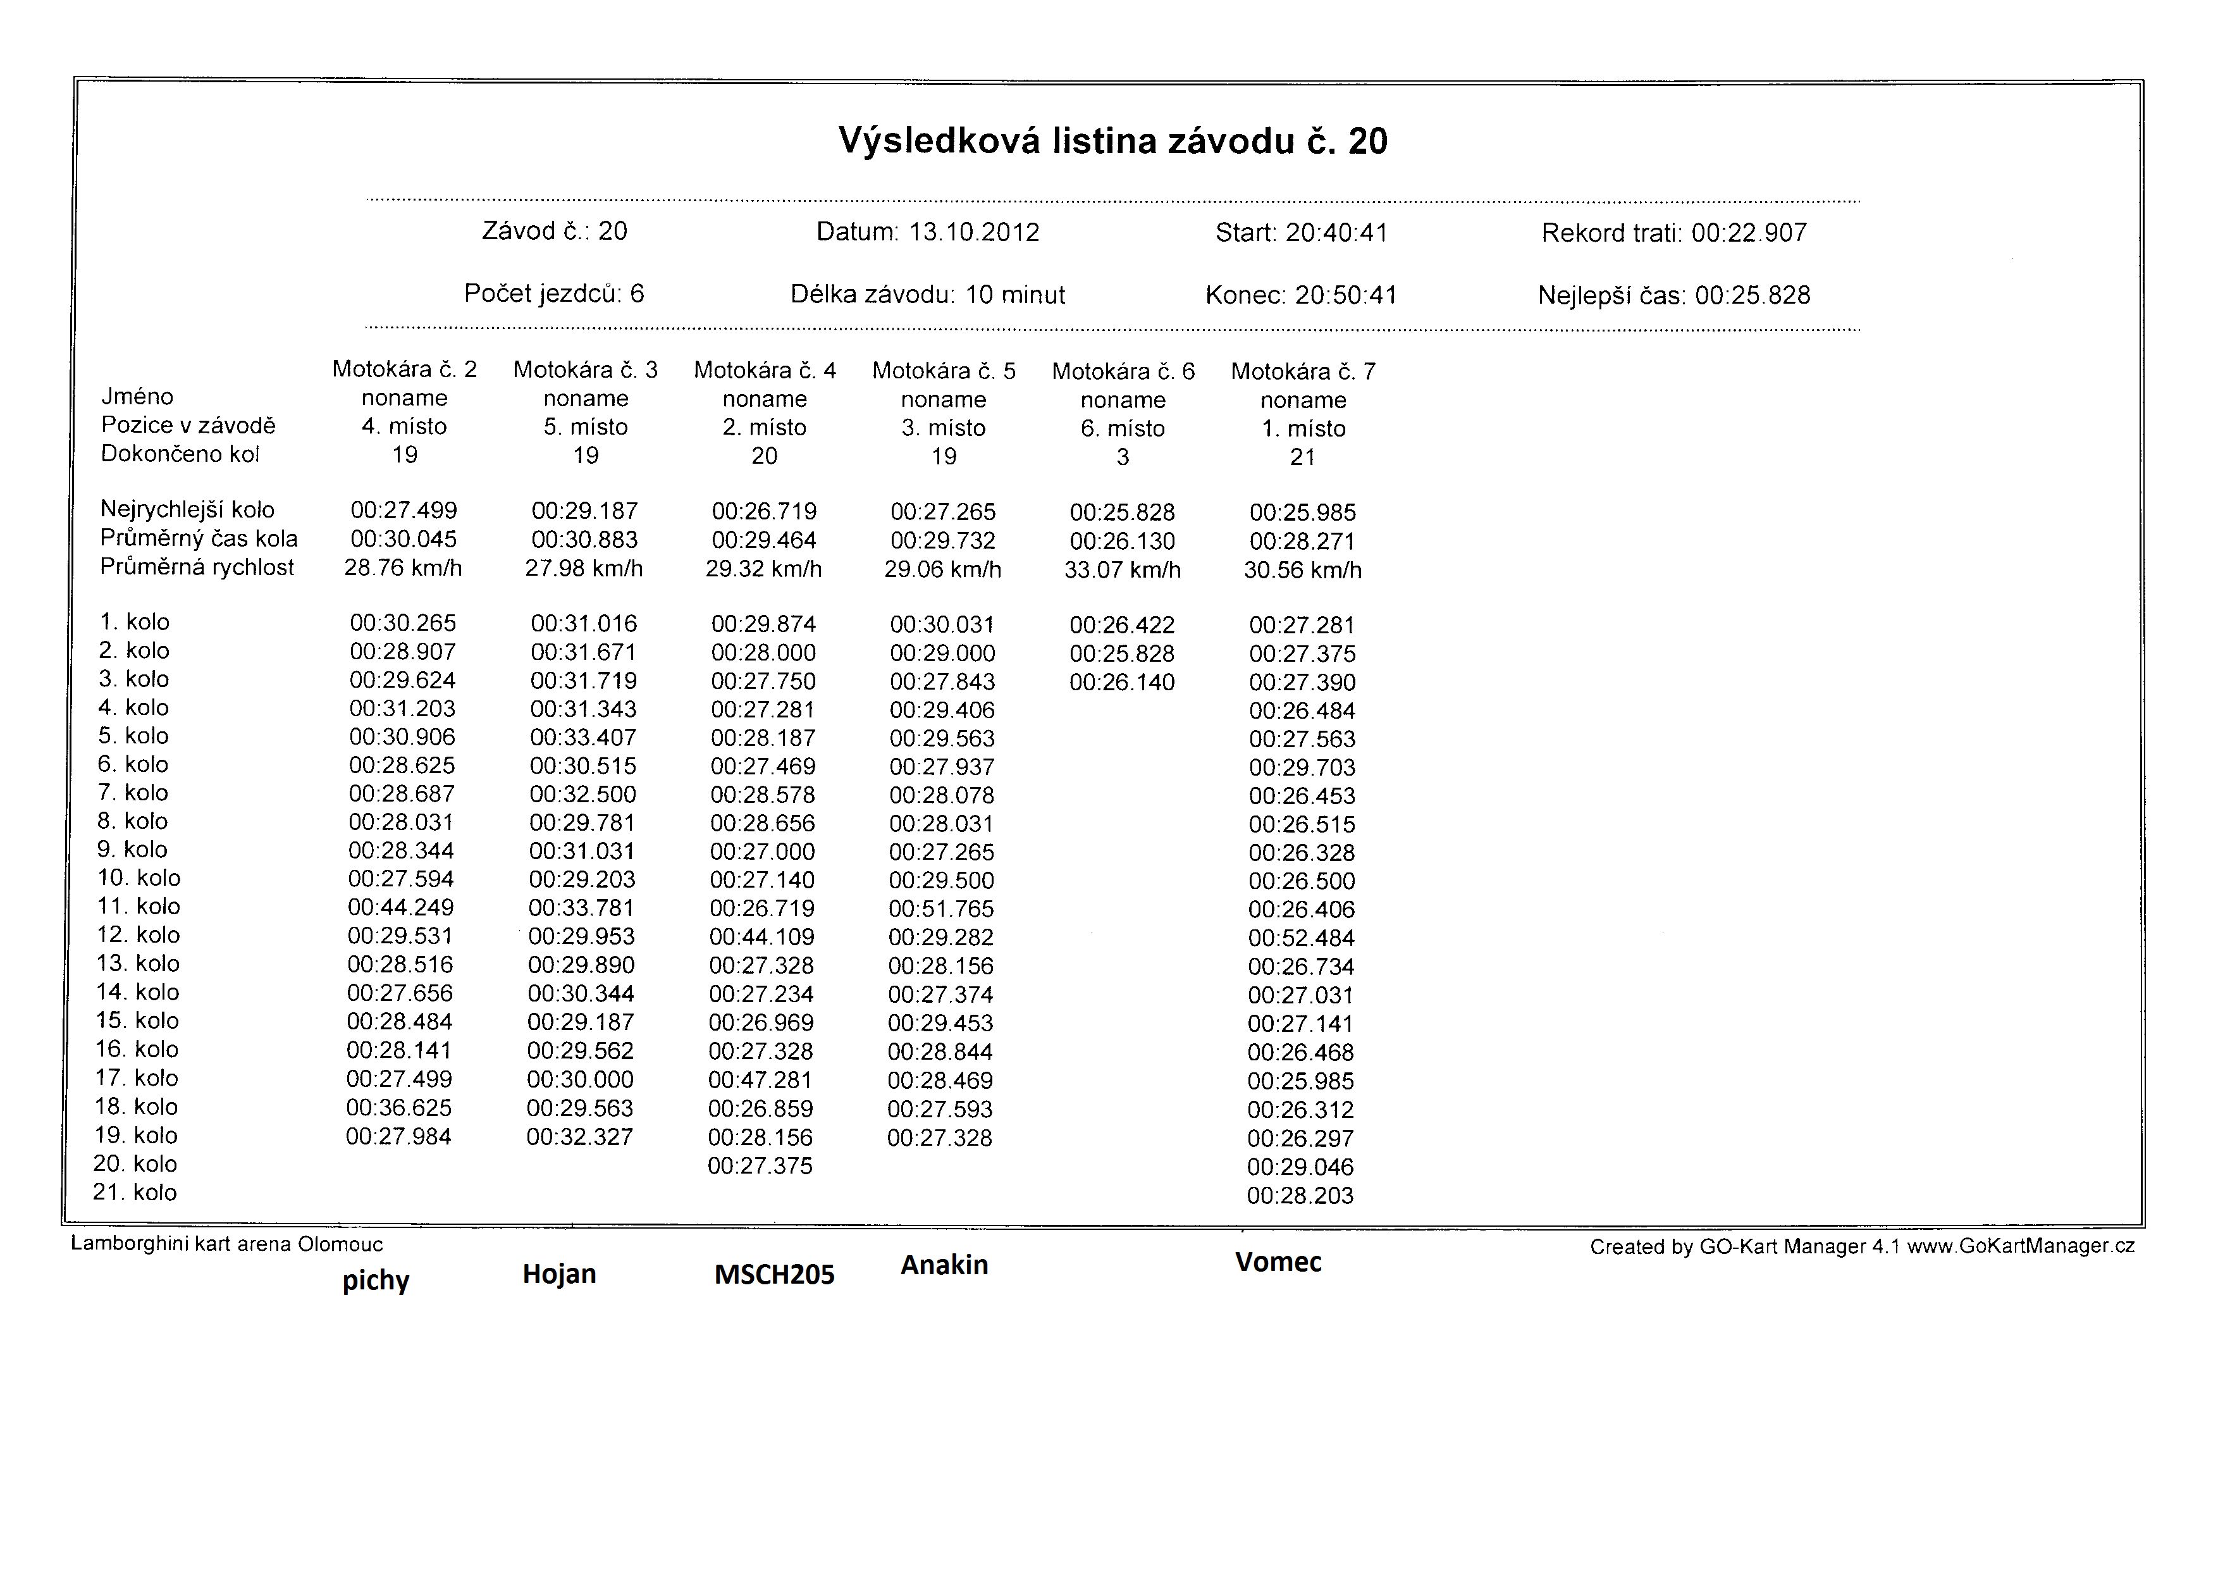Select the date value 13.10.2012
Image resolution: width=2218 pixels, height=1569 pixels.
pyautogui.click(x=974, y=233)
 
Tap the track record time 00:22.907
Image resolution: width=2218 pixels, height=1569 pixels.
pyautogui.click(x=1749, y=233)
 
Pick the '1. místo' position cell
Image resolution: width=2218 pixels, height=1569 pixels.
pyautogui.click(x=1303, y=429)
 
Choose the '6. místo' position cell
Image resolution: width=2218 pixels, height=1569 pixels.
pyautogui.click(x=1123, y=429)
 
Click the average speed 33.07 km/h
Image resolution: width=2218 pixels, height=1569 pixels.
pyautogui.click(x=1123, y=570)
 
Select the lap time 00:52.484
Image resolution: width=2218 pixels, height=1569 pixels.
pyautogui.click(x=1301, y=938)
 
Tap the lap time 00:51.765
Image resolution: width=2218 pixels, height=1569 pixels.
pyautogui.click(x=941, y=909)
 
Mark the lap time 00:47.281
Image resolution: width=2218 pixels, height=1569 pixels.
pyautogui.click(x=760, y=1080)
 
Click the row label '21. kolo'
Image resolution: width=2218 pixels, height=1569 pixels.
pyautogui.click(x=135, y=1192)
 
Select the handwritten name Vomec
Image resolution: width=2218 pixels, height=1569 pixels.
pyautogui.click(x=1278, y=1262)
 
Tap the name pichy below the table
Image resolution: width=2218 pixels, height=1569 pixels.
pyautogui.click(x=376, y=1281)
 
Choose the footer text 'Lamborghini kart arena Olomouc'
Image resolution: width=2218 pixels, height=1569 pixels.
pyautogui.click(x=227, y=1244)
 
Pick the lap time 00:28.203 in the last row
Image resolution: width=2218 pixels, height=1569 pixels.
pyautogui.click(x=1300, y=1196)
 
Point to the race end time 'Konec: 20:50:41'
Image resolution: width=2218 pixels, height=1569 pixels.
pyautogui.click(x=1301, y=295)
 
